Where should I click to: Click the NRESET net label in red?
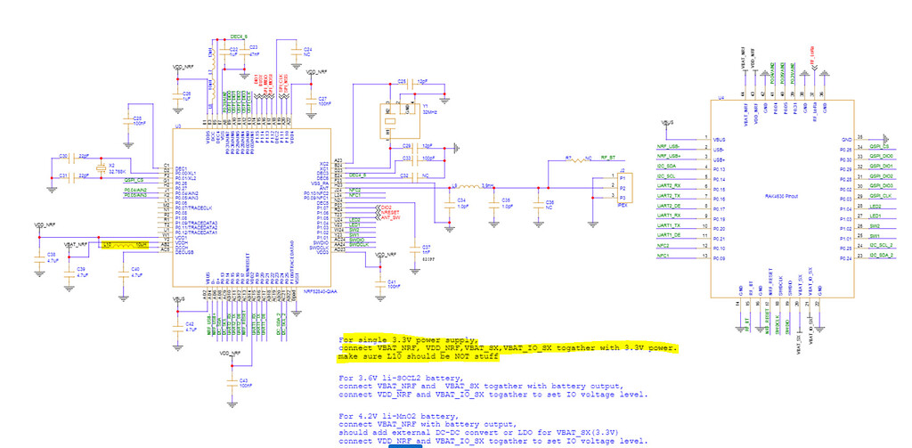[x=389, y=213]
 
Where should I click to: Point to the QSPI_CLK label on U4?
[x=881, y=195]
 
